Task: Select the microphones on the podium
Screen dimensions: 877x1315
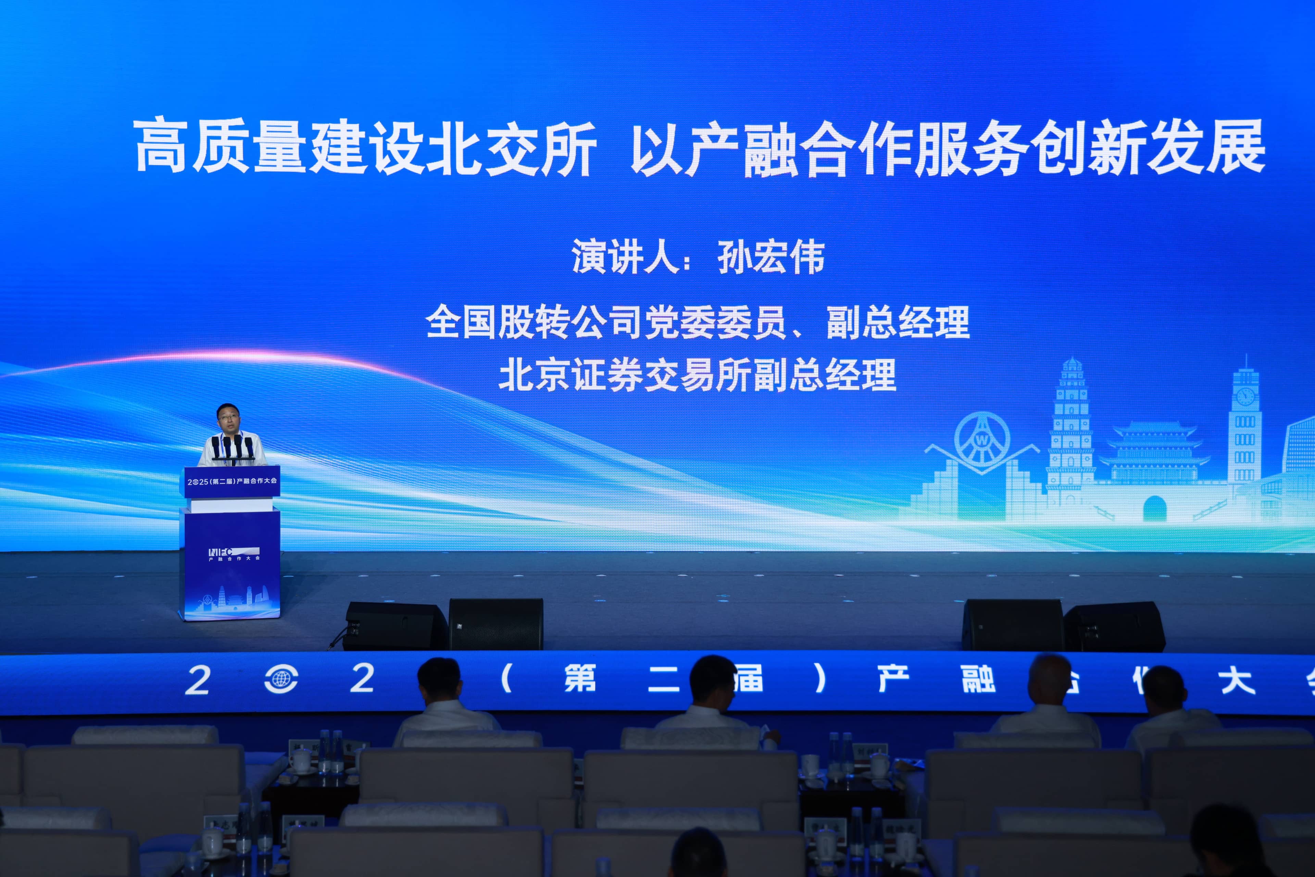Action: click(x=233, y=447)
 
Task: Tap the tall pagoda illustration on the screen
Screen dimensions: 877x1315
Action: click(x=1071, y=425)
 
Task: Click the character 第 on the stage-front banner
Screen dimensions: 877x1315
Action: click(x=580, y=679)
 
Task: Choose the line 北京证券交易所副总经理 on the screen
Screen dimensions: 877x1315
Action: click(x=697, y=375)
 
